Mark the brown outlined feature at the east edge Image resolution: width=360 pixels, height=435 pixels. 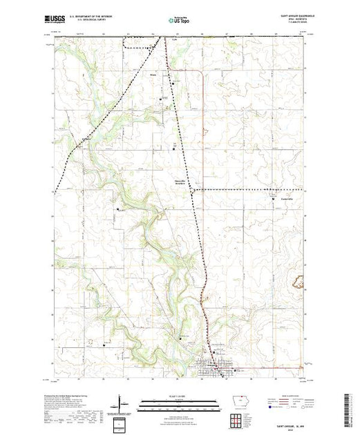coord(301,280)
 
